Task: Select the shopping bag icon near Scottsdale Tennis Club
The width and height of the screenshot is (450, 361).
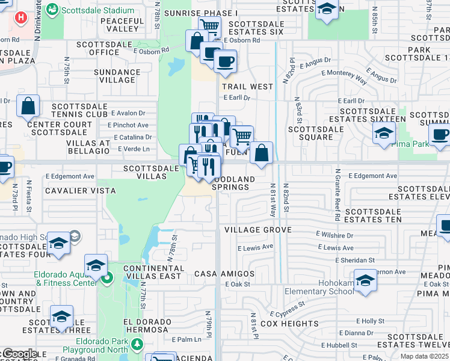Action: click(28, 106)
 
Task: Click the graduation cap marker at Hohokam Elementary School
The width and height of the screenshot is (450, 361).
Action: click(365, 281)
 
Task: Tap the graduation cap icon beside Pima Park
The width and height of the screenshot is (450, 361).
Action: click(383, 134)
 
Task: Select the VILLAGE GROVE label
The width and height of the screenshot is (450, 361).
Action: click(257, 230)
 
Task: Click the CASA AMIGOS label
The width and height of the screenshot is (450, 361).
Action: click(224, 274)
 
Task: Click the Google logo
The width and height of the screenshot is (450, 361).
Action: click(19, 353)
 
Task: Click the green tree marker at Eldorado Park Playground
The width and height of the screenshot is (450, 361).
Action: click(137, 344)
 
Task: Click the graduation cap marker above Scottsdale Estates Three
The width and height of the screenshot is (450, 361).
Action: click(61, 316)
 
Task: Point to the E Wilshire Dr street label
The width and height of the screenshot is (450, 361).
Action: click(334, 235)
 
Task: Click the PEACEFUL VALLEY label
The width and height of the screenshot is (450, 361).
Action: click(122, 25)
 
